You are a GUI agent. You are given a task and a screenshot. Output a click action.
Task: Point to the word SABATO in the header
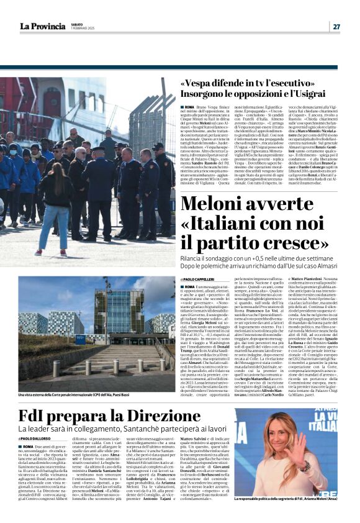click(78, 23)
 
